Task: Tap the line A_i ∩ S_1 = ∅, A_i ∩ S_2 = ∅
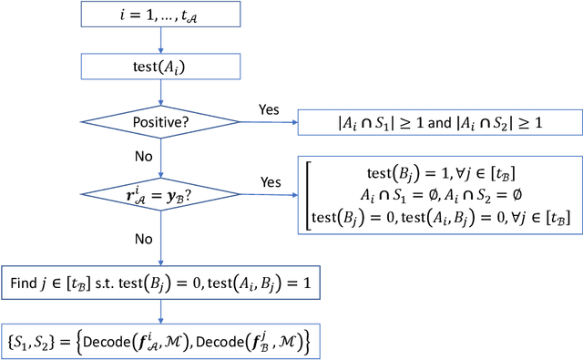[x=440, y=194]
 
